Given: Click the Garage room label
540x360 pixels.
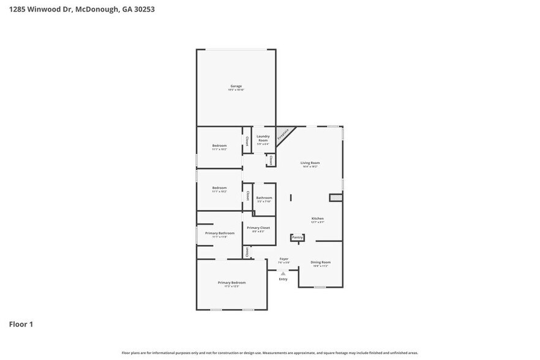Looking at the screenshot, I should coord(236,86).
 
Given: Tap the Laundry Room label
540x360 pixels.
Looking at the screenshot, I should coord(263,138).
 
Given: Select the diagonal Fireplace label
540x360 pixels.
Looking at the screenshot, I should coord(283,134).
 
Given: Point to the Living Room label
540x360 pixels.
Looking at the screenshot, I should coord(310,163).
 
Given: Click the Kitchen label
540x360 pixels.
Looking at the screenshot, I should coord(317,219).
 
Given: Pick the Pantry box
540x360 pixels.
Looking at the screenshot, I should coord(297,237).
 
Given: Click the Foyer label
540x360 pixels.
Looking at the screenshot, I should coord(284,259).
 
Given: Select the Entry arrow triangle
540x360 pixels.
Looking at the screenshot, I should coord(283,273).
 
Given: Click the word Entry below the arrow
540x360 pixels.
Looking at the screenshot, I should coord(283,279).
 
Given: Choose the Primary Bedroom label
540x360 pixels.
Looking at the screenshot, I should coord(231,282).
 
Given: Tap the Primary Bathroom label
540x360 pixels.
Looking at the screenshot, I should coord(220,233).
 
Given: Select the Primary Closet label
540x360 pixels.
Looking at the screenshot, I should coord(258,228).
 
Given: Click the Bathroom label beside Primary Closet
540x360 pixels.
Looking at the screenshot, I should coord(264,198).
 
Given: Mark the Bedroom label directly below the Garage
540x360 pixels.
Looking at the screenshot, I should coord(219,146).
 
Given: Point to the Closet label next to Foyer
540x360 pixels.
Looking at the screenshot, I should coord(247,252).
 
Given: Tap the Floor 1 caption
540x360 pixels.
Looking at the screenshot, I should coord(21,324).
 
